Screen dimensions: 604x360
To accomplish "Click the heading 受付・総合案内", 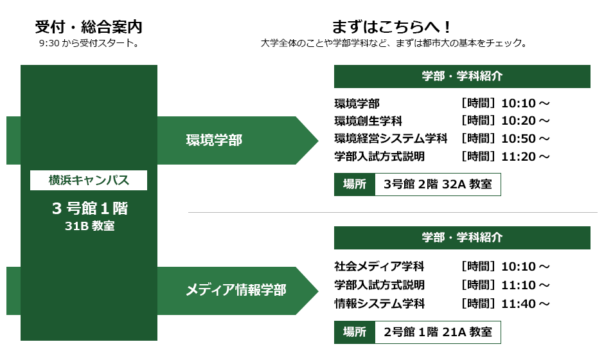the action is point(89,27).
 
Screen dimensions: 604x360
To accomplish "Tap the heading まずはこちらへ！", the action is point(391,27).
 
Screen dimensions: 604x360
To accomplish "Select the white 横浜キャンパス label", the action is point(89,180).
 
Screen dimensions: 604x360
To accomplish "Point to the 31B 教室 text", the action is point(89,226).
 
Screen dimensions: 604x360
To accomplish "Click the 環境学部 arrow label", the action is point(214,140).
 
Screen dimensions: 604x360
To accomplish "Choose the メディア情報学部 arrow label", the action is point(236,290).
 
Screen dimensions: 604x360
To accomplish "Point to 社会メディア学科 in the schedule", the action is point(379,266).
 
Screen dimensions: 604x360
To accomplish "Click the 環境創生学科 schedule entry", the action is point(368,121).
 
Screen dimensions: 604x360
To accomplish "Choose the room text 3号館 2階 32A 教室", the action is point(438,184).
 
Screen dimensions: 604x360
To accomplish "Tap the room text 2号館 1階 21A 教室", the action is point(438,332).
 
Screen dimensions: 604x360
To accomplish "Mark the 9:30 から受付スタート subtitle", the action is point(89,43).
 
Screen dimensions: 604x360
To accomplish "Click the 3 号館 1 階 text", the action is point(90,208).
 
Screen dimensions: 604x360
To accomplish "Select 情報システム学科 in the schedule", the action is point(379,303).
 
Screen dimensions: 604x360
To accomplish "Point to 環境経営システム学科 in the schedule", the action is point(391,138).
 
